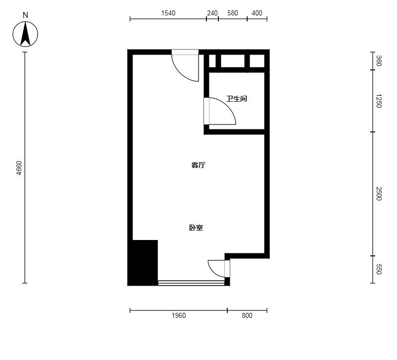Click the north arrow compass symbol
25,34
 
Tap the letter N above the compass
25,15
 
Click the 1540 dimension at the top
168,13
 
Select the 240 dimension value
212,13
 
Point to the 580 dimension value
232,13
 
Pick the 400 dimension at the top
257,13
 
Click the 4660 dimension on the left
19,168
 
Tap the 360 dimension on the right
379,60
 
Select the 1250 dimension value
379,101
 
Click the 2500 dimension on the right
379,193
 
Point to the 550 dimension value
379,269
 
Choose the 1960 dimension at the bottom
179,315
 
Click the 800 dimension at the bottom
247,315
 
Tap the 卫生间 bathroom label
237,99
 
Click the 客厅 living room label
198,165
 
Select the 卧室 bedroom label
196,228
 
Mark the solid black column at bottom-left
143,263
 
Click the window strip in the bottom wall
191,283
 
